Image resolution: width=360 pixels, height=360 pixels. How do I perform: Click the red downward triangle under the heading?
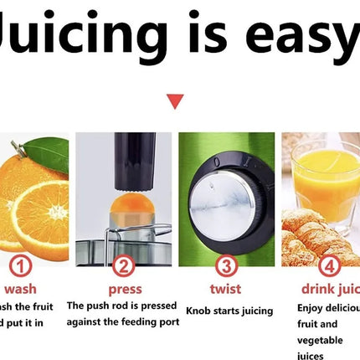coord(175,102)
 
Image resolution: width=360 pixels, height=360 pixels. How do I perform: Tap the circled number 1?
coord(20,267)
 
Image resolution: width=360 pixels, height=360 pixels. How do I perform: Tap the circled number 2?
coord(123,267)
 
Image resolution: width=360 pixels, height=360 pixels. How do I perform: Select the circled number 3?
coord(226,267)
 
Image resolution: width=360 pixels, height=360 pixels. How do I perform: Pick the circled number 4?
coord(328,267)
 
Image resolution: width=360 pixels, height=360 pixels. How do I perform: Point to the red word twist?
coord(225,289)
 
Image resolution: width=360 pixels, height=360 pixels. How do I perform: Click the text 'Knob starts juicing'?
coord(229,311)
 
